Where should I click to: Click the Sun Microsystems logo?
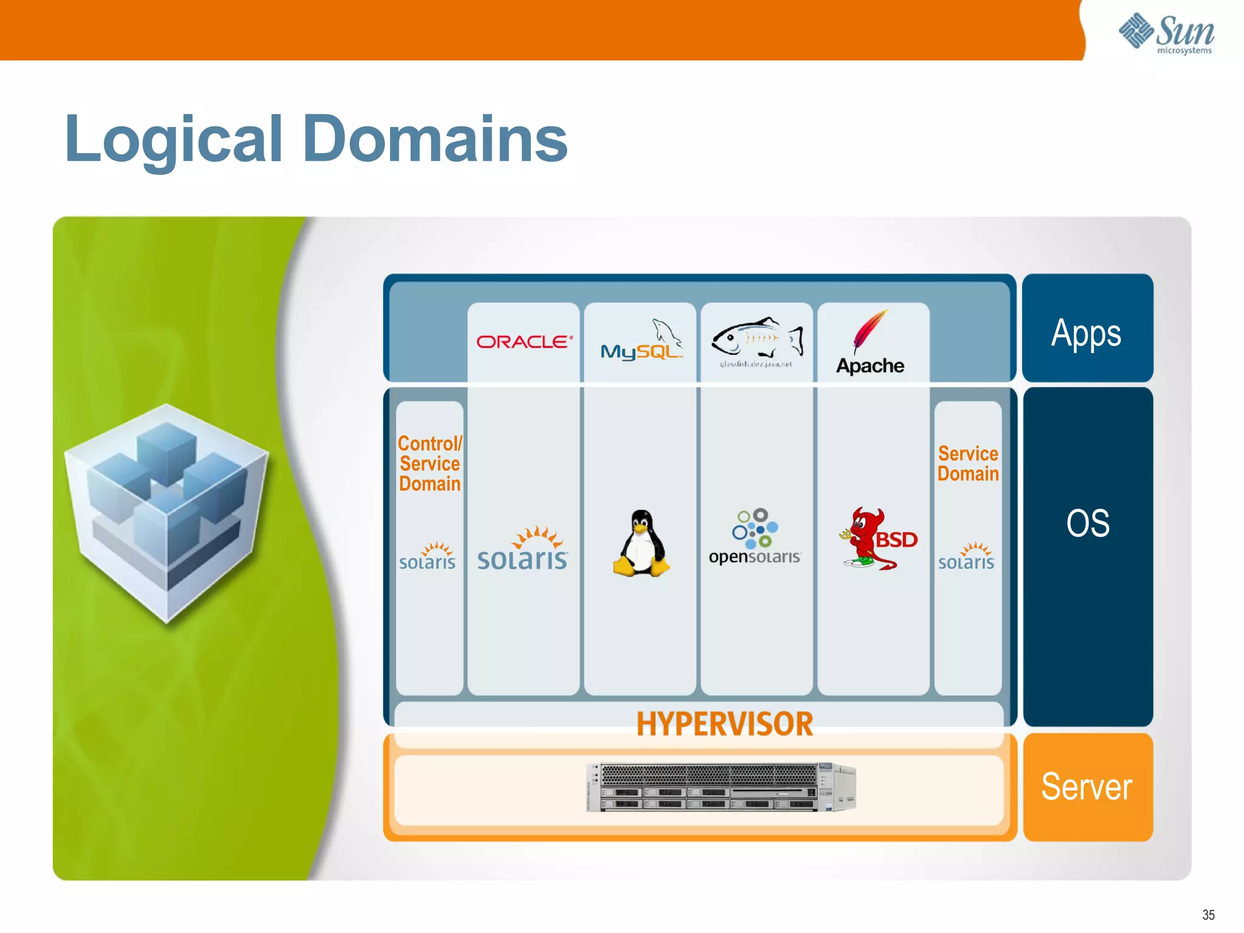click(x=1166, y=33)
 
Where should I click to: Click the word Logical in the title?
click(x=174, y=141)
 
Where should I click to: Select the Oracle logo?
click(x=524, y=342)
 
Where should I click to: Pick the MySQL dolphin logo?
click(x=641, y=341)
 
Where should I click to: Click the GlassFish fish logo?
click(x=757, y=339)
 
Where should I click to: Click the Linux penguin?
click(x=641, y=543)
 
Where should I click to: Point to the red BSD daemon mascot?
click(x=866, y=538)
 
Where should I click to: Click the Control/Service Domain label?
click(x=429, y=464)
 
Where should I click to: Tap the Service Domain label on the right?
click(x=968, y=464)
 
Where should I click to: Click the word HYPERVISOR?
click(x=724, y=724)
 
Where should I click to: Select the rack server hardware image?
click(x=721, y=787)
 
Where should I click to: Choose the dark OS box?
click(x=1087, y=556)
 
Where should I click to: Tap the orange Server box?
click(x=1087, y=787)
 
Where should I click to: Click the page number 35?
click(x=1208, y=915)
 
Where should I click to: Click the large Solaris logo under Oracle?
click(x=523, y=550)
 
